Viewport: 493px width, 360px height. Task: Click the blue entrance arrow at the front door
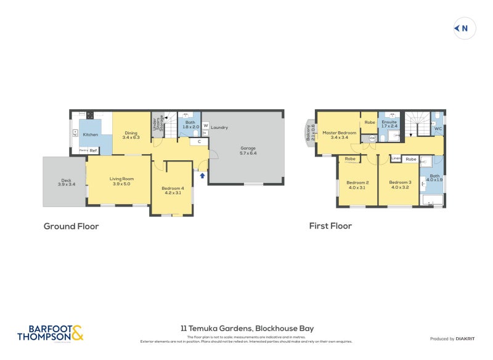(202, 176)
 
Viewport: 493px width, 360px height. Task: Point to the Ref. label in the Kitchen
(93, 150)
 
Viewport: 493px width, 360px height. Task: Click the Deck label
(65, 181)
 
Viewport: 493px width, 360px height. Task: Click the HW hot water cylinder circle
(372, 139)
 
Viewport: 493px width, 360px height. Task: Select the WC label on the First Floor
(438, 128)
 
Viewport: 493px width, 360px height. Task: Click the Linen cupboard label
(396, 158)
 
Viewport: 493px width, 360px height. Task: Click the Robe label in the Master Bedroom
(369, 122)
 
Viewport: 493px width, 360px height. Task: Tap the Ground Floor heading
(71, 226)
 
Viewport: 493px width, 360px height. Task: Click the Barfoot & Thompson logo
(50, 333)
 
